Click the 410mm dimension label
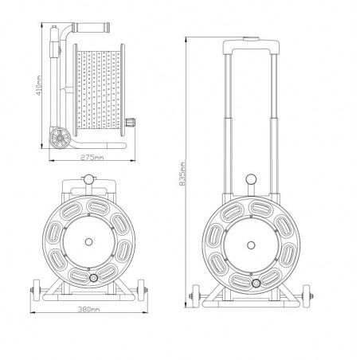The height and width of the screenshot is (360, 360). click(x=39, y=85)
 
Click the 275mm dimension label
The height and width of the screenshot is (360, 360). click(x=92, y=158)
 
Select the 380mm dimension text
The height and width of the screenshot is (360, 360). click(x=88, y=309)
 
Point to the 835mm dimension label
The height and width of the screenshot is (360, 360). click(x=182, y=174)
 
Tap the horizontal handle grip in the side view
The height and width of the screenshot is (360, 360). click(x=91, y=28)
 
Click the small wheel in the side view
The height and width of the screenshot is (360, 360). click(x=60, y=138)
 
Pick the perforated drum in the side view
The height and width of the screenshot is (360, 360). click(x=99, y=90)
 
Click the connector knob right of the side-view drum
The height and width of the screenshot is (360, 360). click(x=130, y=122)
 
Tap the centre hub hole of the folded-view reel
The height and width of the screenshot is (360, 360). click(x=88, y=242)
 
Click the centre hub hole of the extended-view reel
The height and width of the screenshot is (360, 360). click(x=251, y=245)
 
